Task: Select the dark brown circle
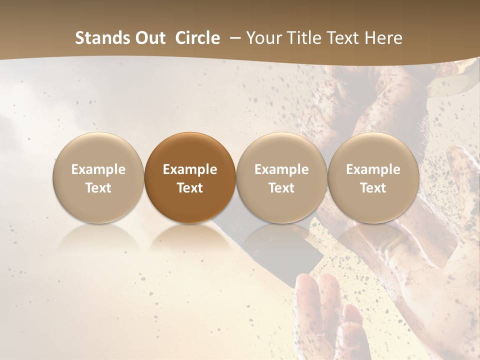[190, 177]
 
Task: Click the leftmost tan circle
[98, 177]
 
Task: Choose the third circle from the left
[281, 177]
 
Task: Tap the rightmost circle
[373, 177]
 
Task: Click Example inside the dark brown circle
[190, 169]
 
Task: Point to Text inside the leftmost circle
[98, 188]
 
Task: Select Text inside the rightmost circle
[373, 188]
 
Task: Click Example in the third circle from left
[281, 169]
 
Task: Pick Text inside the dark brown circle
[190, 188]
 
